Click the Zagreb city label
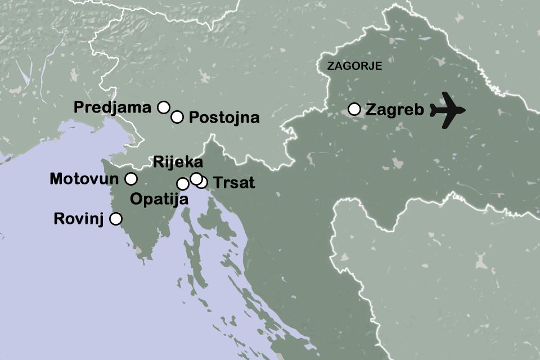click(394, 109)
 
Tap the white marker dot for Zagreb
click(354, 109)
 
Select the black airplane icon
click(448, 110)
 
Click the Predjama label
click(112, 107)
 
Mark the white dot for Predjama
click(163, 107)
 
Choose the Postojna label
click(224, 118)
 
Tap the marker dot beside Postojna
click(177, 117)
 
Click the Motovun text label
click(84, 179)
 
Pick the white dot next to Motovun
click(130, 179)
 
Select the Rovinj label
click(79, 219)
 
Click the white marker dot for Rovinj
click(115, 219)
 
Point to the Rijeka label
click(178, 163)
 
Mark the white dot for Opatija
click(183, 184)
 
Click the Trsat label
click(235, 182)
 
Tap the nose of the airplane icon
click(465, 110)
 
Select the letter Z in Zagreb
click(371, 109)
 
